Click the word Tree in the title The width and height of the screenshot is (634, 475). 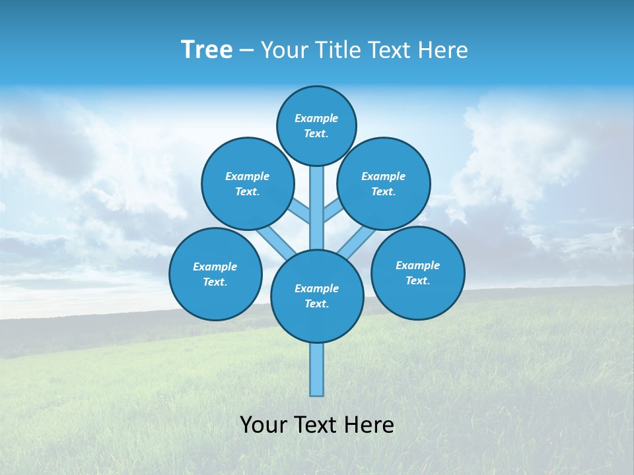[207, 50]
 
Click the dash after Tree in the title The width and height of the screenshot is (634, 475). [246, 51]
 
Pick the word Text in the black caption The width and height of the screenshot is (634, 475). [318, 425]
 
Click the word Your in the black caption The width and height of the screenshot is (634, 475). [264, 425]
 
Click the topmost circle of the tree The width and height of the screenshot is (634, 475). [316, 125]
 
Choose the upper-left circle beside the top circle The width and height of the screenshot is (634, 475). [248, 183]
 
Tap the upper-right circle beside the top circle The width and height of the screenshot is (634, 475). [384, 183]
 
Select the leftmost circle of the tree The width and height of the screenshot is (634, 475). [215, 274]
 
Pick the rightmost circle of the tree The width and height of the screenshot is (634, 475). [417, 272]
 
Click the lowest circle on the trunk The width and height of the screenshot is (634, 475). [317, 296]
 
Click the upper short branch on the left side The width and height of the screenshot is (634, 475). [300, 211]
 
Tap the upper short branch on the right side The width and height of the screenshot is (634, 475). [332, 211]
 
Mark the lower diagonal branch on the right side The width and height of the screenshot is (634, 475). [357, 241]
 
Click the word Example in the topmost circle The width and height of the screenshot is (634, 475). [316, 118]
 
